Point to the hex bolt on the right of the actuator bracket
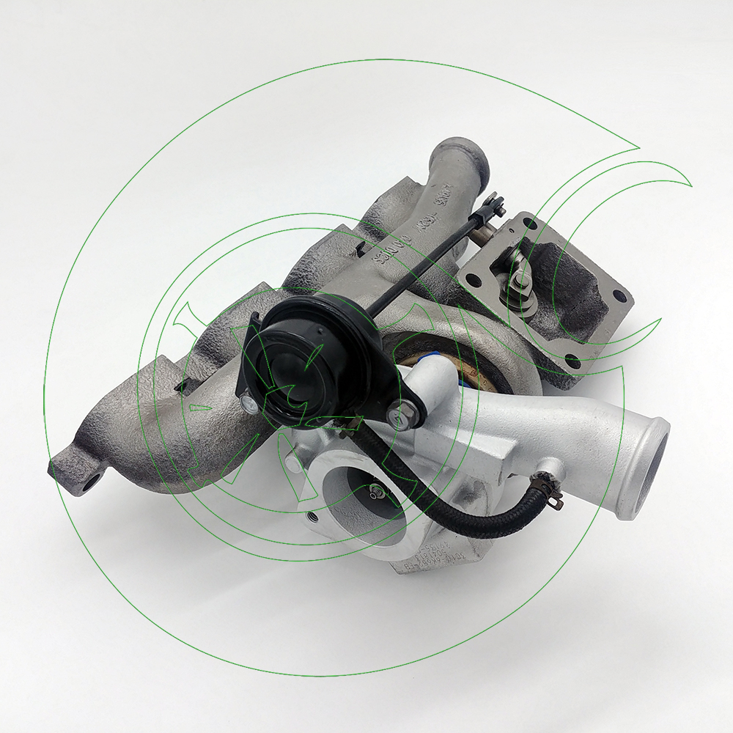tap(399, 416)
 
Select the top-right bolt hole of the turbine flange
tap(619, 297)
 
